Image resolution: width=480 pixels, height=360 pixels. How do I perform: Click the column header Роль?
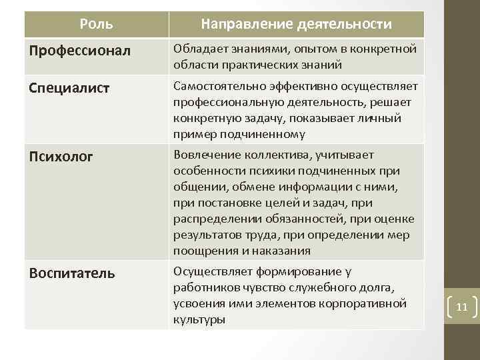pos(96,25)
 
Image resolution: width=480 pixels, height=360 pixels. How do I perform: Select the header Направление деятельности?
pos(297,25)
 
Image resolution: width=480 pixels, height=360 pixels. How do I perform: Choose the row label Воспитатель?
pos(72,273)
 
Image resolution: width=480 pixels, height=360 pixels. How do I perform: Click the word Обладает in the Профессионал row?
pos(196,49)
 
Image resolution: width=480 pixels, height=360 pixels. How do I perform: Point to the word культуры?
pos(199,319)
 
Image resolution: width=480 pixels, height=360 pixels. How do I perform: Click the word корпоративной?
pos(363,303)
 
